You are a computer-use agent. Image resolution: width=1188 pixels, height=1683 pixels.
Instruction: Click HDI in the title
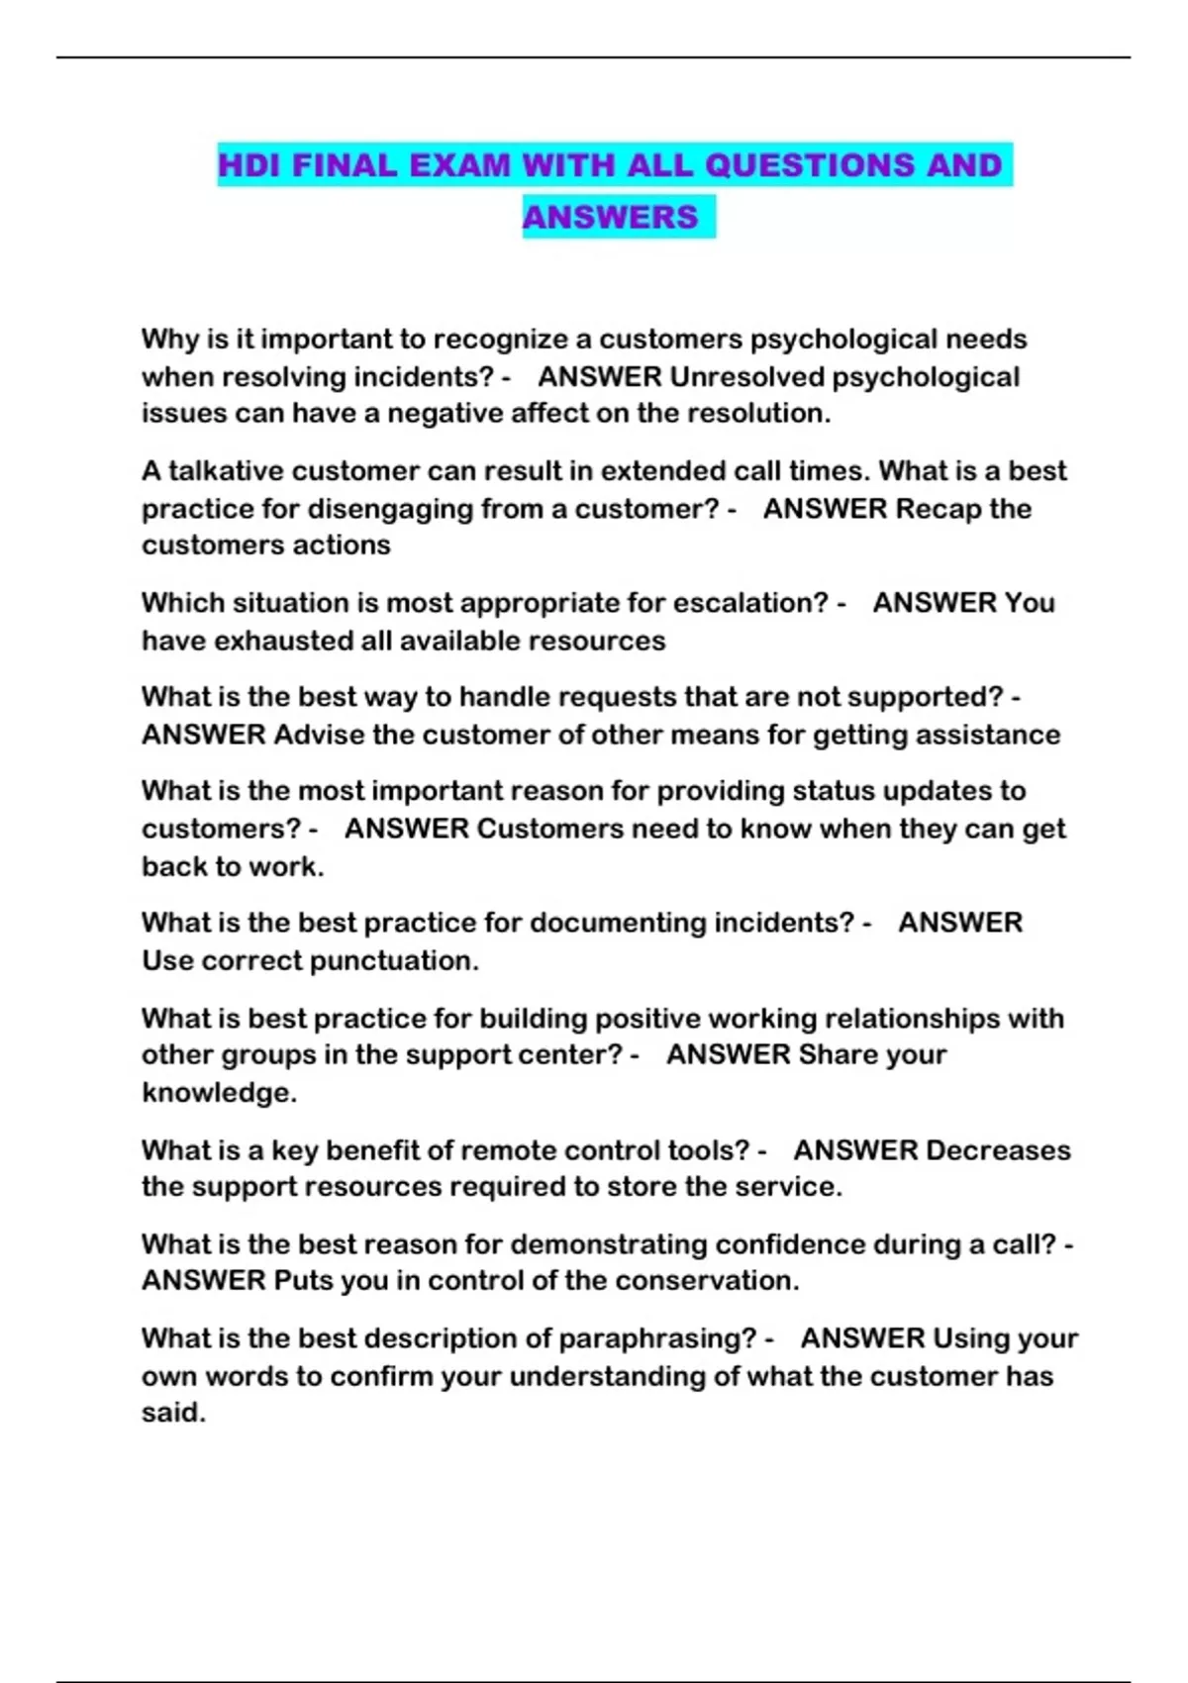click(250, 164)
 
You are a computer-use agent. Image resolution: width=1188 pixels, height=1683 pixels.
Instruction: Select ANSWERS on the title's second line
click(610, 217)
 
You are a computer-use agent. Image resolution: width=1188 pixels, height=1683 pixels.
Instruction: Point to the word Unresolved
click(746, 377)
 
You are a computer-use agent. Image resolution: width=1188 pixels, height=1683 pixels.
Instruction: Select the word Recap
click(938, 509)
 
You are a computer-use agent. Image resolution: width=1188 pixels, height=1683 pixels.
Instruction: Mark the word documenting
click(618, 923)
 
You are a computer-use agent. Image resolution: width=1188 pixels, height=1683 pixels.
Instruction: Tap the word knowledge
click(218, 1093)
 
